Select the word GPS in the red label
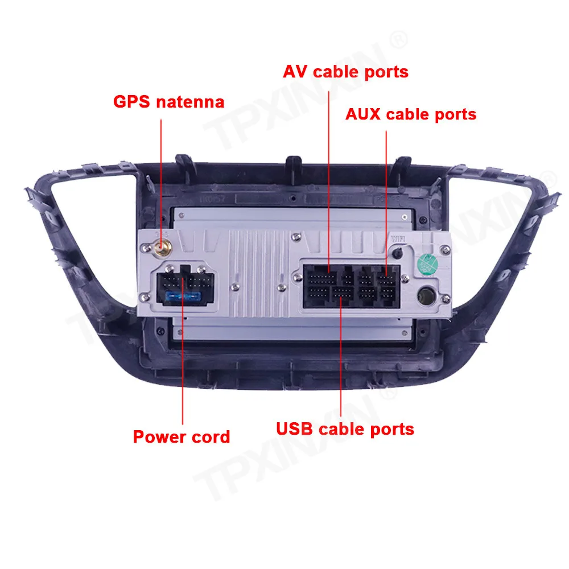coord(132,102)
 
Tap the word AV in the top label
coord(295,72)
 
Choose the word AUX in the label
coord(364,114)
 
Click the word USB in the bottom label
coord(295,428)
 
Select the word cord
coord(211,437)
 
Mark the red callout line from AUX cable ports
coord(386,188)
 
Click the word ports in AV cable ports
coord(386,72)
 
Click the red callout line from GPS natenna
coord(162,171)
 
